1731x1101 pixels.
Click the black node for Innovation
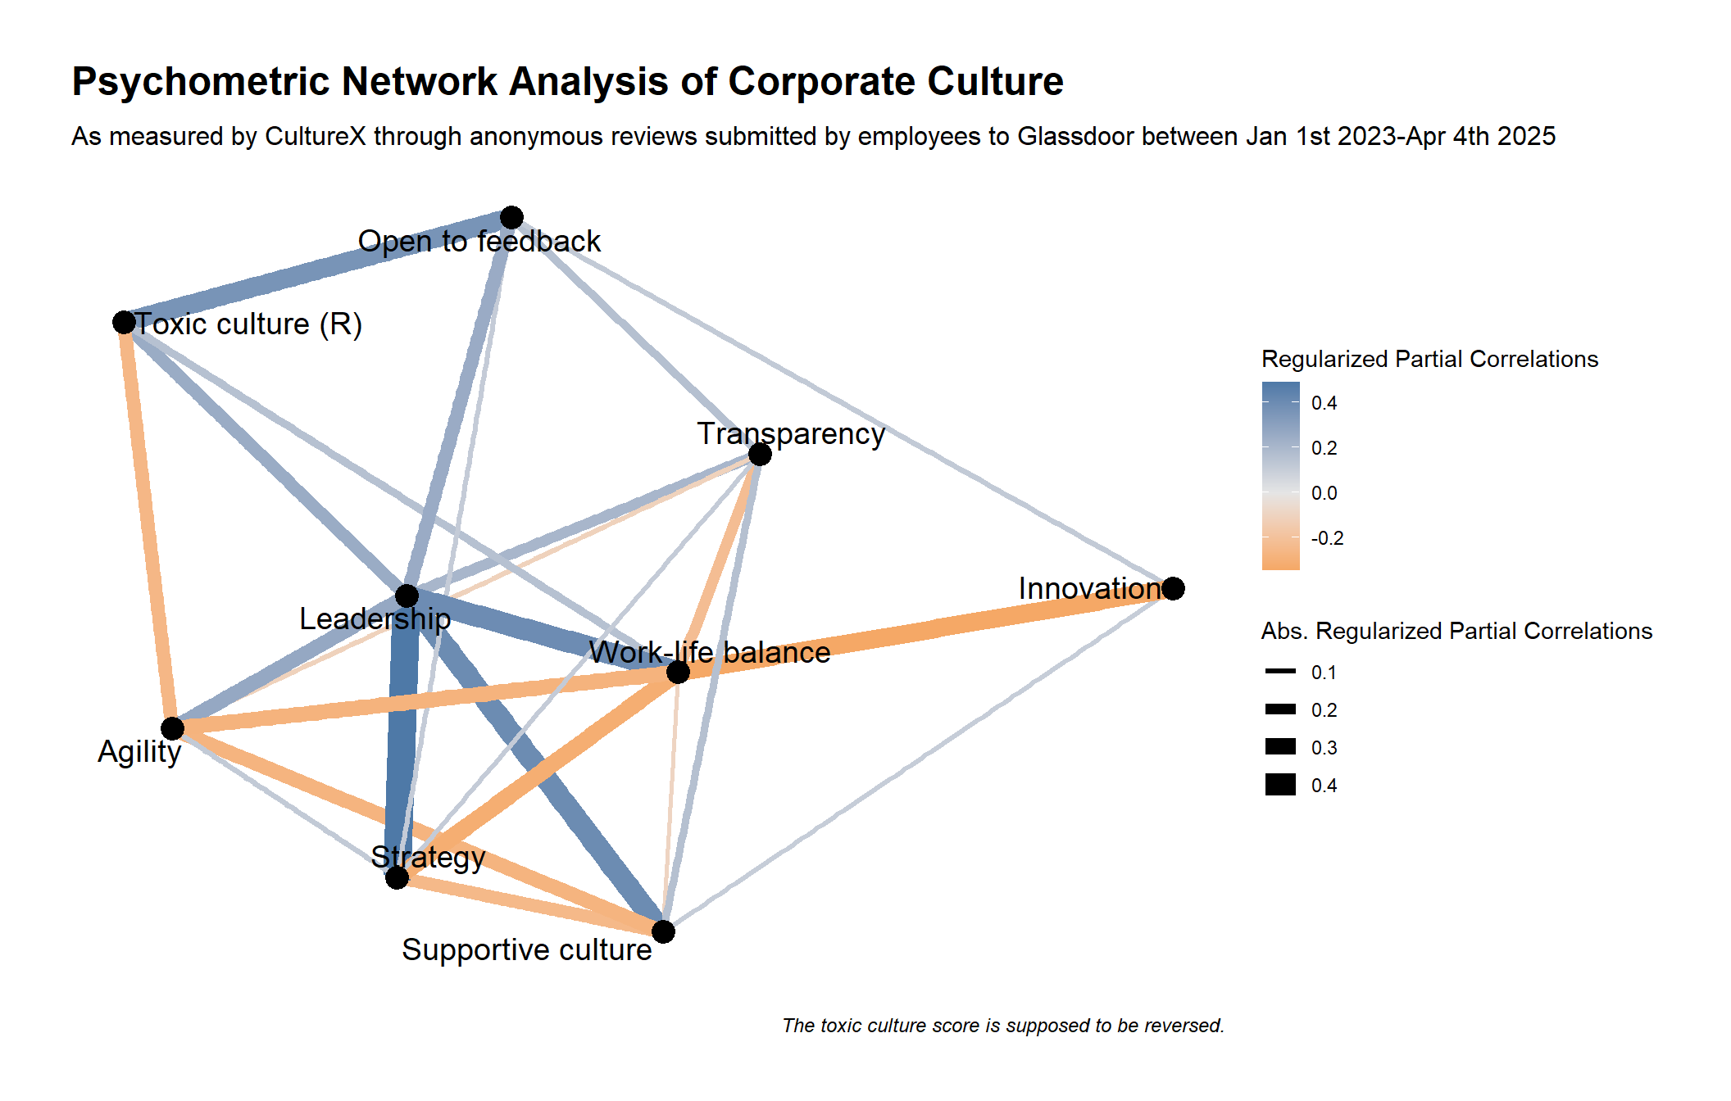tap(1173, 588)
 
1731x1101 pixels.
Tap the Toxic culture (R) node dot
tap(124, 322)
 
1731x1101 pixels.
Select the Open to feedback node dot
tap(511, 217)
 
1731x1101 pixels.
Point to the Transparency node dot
tap(760, 454)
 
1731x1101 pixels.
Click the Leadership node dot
tap(407, 596)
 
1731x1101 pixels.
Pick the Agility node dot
tap(172, 728)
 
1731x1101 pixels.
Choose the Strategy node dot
tap(397, 878)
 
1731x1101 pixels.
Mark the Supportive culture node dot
tap(663, 931)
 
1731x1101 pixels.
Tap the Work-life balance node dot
tap(678, 673)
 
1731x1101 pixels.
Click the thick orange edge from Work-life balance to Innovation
tap(926, 631)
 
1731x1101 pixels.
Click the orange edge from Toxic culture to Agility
tap(148, 525)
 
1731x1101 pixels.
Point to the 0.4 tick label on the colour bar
tap(1324, 403)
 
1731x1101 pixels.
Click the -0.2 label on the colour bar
tap(1327, 538)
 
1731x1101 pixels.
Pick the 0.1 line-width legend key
tap(1280, 672)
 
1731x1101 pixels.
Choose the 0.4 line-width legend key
tap(1280, 785)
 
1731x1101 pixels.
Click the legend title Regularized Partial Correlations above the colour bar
tap(1429, 359)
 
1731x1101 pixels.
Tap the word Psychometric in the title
tap(202, 82)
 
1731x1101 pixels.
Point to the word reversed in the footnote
tap(1188, 1026)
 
